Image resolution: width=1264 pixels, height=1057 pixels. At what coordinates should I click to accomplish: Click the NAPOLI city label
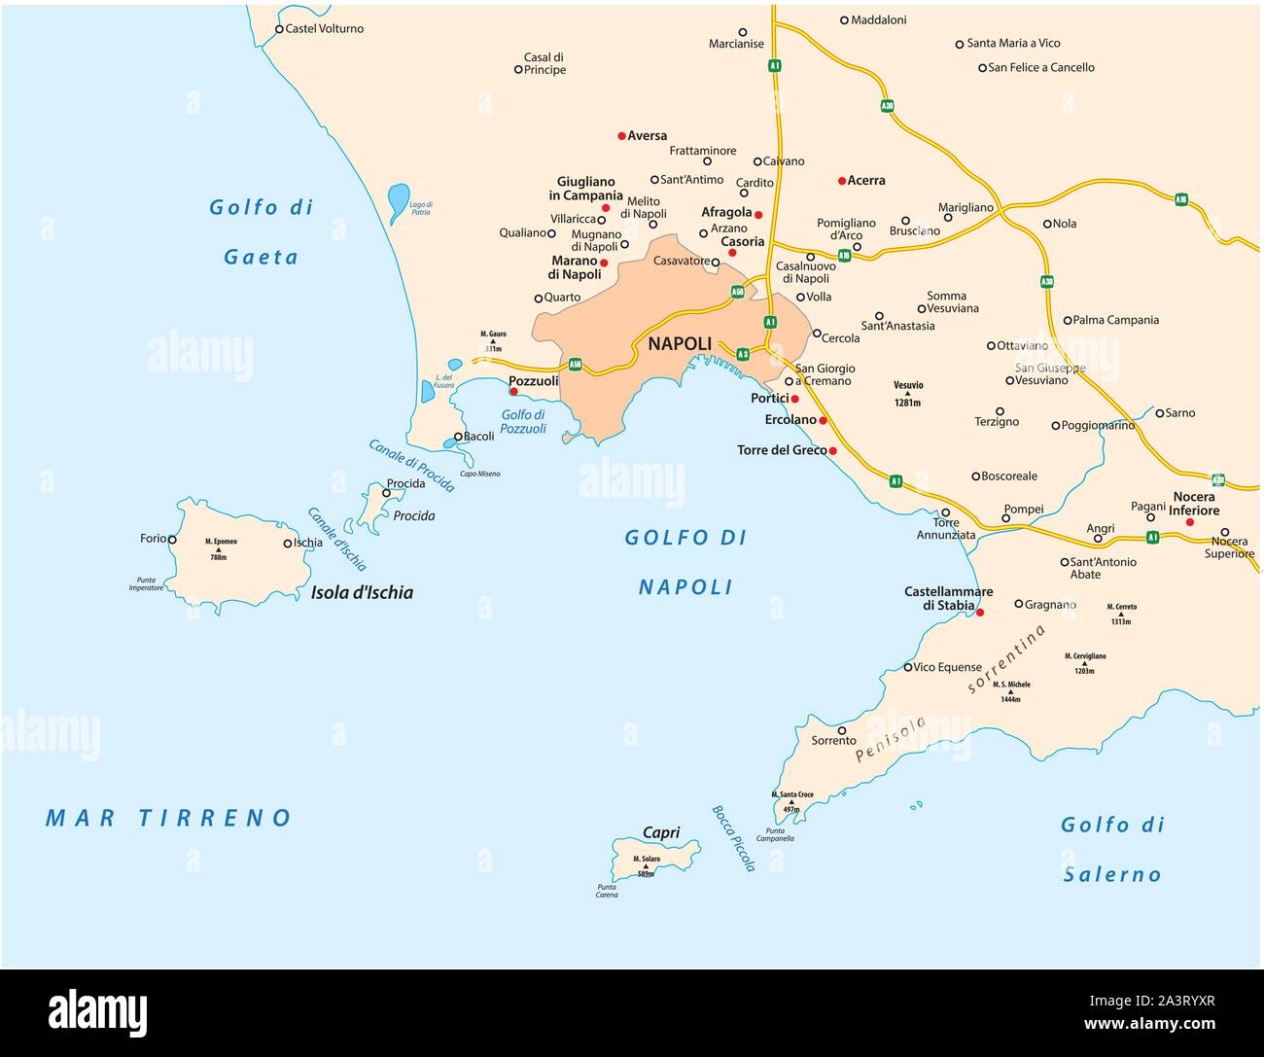(680, 344)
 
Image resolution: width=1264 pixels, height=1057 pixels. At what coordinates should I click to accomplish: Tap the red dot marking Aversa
(622, 136)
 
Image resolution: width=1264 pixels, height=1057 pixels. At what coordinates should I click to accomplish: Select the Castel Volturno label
(325, 29)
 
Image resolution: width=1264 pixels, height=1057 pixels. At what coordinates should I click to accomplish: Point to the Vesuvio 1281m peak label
(908, 393)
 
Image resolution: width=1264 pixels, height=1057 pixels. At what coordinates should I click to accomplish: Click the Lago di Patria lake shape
(398, 202)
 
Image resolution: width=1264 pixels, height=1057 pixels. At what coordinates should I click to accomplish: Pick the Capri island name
(661, 832)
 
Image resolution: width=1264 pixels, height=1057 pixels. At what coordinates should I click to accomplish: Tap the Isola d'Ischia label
(362, 592)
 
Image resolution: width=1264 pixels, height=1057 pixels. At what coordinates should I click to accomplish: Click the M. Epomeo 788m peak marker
(218, 549)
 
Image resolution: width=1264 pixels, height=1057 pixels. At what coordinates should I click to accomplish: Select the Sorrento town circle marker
(841, 730)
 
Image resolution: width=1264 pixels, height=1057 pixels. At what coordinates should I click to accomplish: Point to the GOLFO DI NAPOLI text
(685, 562)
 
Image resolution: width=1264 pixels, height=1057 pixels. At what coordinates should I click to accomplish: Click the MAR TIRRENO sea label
(169, 818)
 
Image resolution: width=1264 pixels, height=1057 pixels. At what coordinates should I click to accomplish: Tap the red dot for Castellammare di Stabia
(980, 613)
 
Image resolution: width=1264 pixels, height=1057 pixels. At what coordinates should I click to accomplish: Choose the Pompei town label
(1023, 510)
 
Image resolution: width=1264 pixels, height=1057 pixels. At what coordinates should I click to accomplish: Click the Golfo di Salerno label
(1111, 849)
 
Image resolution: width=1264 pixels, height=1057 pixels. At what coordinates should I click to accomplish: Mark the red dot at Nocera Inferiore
(1189, 523)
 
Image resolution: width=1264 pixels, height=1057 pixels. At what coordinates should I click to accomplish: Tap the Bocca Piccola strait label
(733, 838)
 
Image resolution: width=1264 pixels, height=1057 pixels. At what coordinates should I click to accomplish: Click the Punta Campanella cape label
(780, 834)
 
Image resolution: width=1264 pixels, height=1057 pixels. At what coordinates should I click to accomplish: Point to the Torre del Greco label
(782, 450)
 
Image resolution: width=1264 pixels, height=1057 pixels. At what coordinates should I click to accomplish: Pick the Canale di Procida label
(411, 466)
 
